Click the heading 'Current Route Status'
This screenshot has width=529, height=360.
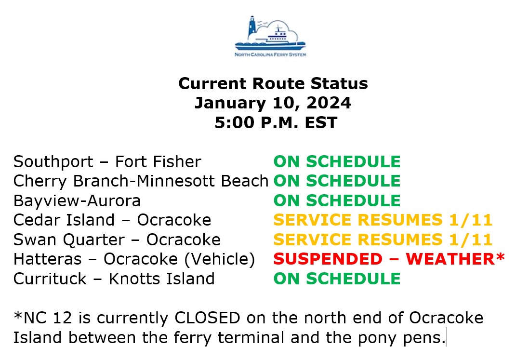pos(273,83)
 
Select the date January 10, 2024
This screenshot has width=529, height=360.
pos(273,103)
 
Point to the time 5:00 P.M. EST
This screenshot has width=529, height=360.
pos(276,122)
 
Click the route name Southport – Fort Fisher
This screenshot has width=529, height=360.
pos(107,161)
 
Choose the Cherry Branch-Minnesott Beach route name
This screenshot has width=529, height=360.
pos(141,181)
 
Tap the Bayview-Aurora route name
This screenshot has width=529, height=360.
pos(77,201)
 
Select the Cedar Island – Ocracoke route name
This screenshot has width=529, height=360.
pos(112,220)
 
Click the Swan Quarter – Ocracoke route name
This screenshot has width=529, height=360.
pos(117,240)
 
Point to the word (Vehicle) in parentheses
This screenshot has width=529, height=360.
pos(220,259)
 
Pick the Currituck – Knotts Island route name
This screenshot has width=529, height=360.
pos(114,279)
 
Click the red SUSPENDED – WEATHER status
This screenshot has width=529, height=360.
pos(389,259)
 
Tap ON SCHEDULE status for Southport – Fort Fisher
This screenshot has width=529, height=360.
pos(337,161)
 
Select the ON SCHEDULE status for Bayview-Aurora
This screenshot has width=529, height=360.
pos(337,201)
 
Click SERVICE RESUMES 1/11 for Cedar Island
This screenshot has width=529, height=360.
pos(383,220)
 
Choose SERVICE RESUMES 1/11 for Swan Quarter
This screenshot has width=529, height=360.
pos(383,240)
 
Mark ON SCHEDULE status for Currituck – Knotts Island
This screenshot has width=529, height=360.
pos(337,279)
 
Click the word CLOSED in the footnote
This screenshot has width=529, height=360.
pos(207,318)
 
